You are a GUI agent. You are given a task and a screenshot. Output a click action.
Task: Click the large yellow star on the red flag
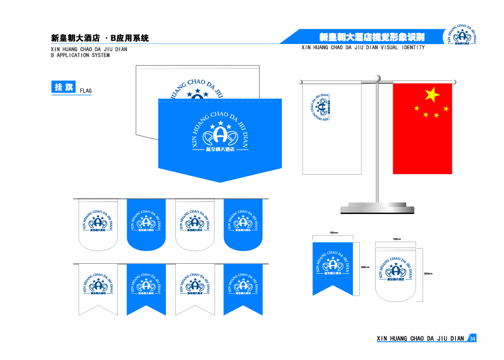point(432,94)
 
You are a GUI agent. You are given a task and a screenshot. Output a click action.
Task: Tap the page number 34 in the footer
point(473,339)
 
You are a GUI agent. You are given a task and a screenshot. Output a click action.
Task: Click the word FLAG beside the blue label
point(86,91)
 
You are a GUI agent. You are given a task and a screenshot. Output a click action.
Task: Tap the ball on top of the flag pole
point(377,77)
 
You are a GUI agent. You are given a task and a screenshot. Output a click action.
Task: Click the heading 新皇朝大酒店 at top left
point(76,38)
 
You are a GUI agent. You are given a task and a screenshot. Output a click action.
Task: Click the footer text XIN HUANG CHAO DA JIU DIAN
point(420,339)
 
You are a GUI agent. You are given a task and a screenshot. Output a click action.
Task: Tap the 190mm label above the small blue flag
point(333,233)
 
